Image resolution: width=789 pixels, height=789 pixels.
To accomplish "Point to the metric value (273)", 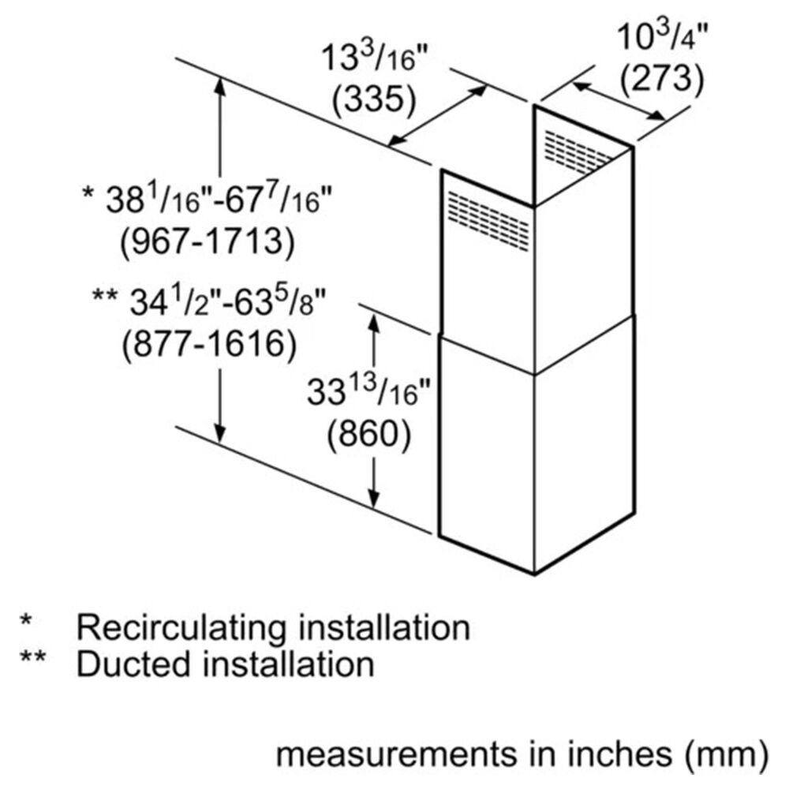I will (x=661, y=78).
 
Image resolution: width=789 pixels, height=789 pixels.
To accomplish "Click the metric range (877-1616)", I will (x=208, y=342).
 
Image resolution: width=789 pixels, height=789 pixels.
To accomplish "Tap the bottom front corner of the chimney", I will (x=534, y=573).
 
